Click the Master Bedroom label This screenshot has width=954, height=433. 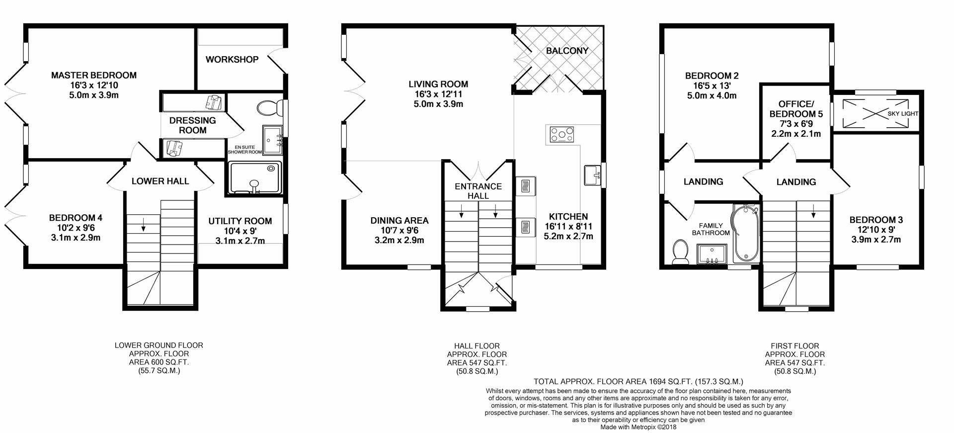(93, 76)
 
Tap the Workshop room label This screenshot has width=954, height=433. (232, 60)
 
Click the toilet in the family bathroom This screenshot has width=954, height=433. (679, 252)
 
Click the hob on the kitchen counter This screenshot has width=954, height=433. (561, 134)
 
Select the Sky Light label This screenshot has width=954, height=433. (903, 114)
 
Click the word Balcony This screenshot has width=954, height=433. (567, 51)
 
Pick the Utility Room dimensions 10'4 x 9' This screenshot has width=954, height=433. (240, 231)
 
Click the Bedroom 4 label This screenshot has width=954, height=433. (76, 218)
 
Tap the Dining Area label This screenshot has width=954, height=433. (399, 221)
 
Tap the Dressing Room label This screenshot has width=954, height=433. (192, 125)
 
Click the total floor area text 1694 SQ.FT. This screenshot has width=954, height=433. (638, 382)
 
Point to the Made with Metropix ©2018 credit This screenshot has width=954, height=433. (638, 427)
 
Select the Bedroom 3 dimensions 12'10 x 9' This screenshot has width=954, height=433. (875, 230)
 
